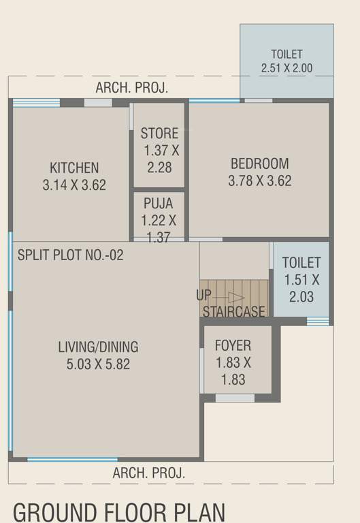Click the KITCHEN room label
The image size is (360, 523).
[74, 168]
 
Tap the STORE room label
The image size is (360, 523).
[159, 133]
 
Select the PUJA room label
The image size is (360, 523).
[159, 203]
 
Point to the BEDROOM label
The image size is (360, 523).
[259, 163]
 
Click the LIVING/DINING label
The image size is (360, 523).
[98, 347]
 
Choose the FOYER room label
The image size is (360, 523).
[233, 345]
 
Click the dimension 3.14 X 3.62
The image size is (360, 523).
[74, 185]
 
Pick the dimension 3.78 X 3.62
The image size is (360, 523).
[259, 181]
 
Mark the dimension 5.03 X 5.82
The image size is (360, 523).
[98, 364]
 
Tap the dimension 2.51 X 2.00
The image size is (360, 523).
[287, 68]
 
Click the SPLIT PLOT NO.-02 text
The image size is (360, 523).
[71, 255]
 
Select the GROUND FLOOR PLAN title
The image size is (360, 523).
[119, 510]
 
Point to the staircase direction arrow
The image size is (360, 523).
[235, 298]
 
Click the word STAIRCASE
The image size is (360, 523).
[233, 312]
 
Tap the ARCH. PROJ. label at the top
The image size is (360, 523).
[131, 88]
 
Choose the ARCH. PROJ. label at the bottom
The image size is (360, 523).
[148, 473]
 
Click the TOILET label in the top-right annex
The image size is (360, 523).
[287, 54]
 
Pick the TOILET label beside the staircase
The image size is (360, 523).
[301, 262]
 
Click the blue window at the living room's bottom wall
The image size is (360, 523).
[72, 460]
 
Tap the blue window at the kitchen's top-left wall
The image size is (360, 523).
[36, 103]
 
